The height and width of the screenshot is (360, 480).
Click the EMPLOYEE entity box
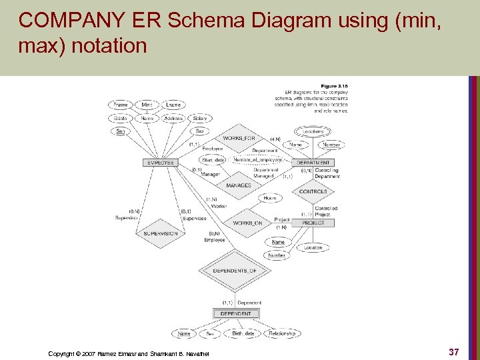click(160, 163)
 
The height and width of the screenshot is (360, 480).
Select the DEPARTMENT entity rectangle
click(313, 163)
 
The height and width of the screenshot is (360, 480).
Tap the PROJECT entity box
click(313, 223)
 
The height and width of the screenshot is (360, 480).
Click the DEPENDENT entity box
click(235, 313)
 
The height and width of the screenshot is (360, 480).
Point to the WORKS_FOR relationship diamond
click(239, 138)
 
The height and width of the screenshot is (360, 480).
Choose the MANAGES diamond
click(239, 185)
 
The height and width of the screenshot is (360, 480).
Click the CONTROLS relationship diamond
click(313, 191)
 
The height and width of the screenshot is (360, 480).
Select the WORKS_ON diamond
click(247, 223)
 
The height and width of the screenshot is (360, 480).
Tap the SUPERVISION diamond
click(160, 234)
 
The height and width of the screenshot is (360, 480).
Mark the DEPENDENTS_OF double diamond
click(235, 271)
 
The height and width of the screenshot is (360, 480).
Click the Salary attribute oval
click(199, 118)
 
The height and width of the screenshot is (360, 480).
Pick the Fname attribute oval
click(121, 105)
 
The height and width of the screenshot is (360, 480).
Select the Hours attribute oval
click(270, 198)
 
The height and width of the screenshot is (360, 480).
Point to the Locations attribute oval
click(313, 131)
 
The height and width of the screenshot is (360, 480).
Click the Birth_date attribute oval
click(243, 333)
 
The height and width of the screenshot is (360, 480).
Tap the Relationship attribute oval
click(281, 333)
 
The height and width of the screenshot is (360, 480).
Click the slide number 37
click(453, 351)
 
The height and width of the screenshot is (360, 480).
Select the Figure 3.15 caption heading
click(335, 85)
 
